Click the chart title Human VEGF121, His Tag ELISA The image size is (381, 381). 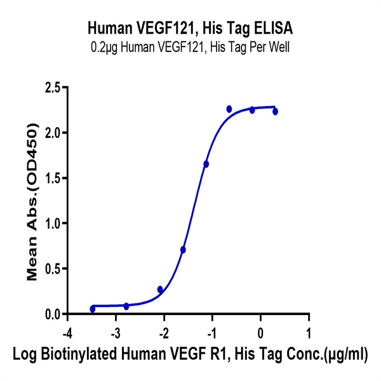(x=190, y=29)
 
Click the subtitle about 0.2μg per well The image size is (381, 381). (x=190, y=46)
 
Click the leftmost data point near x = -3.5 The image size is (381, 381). (x=93, y=309)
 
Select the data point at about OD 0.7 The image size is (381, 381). (x=183, y=250)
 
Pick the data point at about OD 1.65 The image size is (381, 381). (x=206, y=164)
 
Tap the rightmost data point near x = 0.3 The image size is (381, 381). (x=276, y=111)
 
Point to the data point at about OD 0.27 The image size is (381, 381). (x=160, y=290)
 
